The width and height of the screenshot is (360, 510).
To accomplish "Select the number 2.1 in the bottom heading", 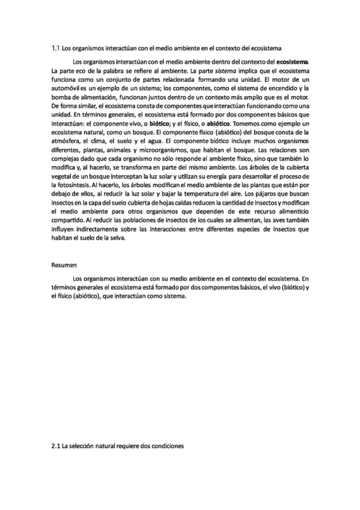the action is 56,446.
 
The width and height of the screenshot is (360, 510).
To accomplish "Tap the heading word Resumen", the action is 64,264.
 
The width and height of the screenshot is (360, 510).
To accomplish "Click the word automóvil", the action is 67,88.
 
